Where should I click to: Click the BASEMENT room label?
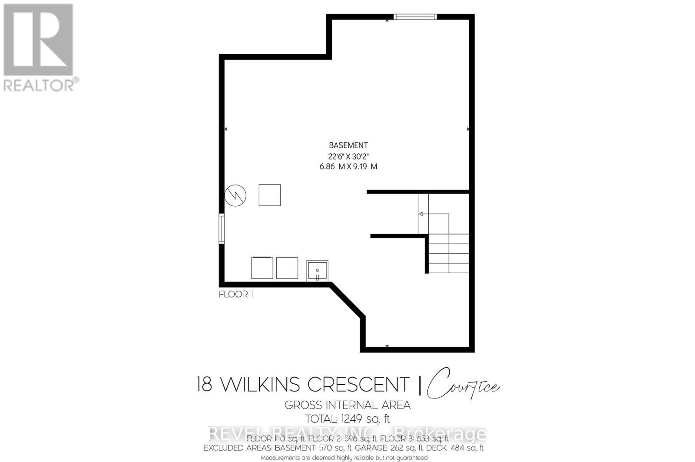(348, 145)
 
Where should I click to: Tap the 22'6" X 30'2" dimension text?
(348, 156)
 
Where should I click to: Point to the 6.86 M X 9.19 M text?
(348, 166)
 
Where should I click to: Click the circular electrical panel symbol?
(235, 195)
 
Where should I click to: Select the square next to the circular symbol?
(269, 195)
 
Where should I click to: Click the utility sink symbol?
(317, 271)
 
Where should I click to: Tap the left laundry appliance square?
(262, 267)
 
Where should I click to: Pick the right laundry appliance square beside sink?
(287, 267)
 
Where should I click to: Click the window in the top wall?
(415, 17)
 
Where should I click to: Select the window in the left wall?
(222, 228)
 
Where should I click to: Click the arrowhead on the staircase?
(421, 214)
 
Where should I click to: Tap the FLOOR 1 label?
(235, 294)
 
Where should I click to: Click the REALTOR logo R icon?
(38, 40)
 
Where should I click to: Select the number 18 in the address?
(204, 385)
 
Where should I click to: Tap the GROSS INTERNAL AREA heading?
(347, 405)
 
